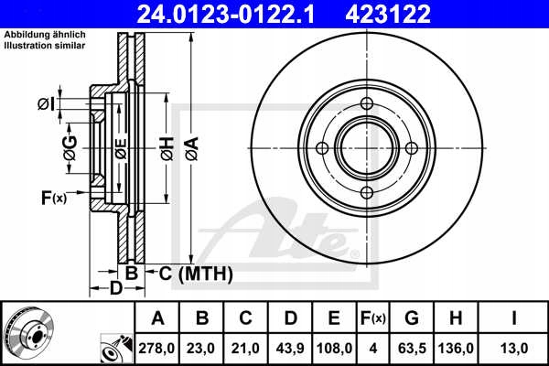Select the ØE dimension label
pos(120,149)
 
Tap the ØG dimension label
pos(70,144)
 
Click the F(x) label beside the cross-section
pos(53,197)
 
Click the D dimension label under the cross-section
pos(116,290)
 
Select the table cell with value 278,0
pos(158,347)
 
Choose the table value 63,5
pos(412,347)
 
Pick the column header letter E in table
pos(334,318)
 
